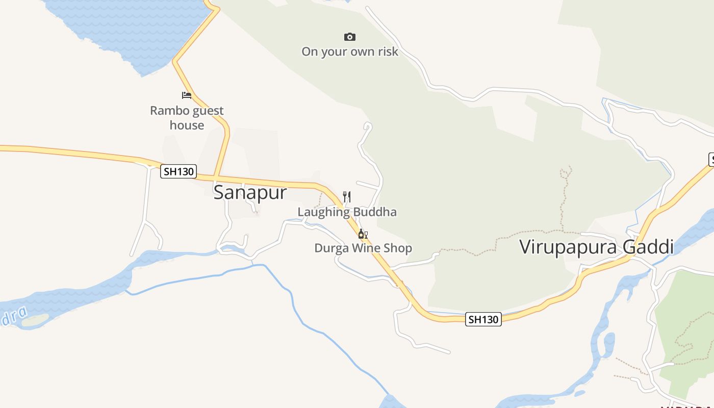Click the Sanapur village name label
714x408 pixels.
pyautogui.click(x=250, y=193)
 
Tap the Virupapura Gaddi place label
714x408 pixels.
pyautogui.click(x=596, y=247)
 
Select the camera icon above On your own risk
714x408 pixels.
pyautogui.click(x=349, y=37)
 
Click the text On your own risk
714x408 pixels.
pyautogui.click(x=349, y=52)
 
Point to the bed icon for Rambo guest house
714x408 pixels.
pyautogui.click(x=187, y=95)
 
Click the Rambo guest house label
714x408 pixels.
pyautogui.click(x=187, y=118)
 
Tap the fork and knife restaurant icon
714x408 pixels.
pyautogui.click(x=347, y=196)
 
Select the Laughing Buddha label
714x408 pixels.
pyautogui.click(x=347, y=212)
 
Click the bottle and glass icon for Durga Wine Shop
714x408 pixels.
pyautogui.click(x=363, y=234)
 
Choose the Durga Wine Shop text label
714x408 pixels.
pyautogui.click(x=363, y=248)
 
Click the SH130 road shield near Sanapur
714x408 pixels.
pyautogui.click(x=178, y=171)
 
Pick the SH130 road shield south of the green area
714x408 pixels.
pyautogui.click(x=483, y=319)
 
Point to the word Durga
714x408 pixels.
pyautogui.click(x=329, y=248)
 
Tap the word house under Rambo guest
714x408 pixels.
pyautogui.click(x=187, y=125)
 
